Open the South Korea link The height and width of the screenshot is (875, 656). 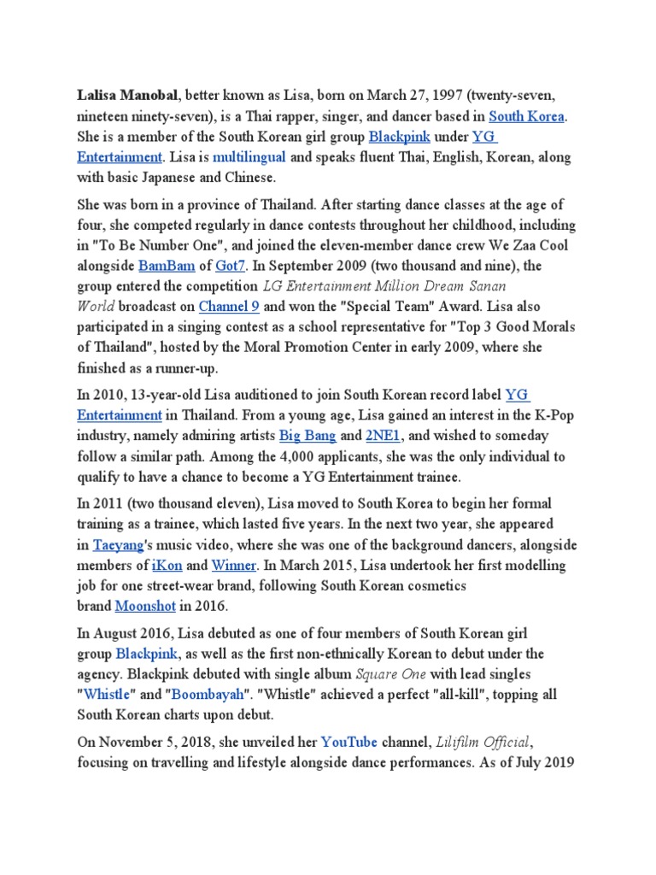pos(526,115)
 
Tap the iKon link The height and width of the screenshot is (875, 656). pos(167,566)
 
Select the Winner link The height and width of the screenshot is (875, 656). pos(233,566)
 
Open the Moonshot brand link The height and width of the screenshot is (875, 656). pos(145,606)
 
